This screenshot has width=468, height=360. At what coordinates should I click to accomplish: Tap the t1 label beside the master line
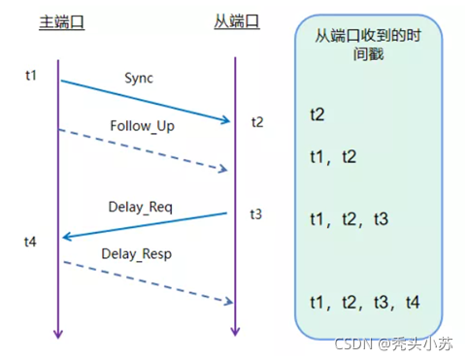click(x=32, y=75)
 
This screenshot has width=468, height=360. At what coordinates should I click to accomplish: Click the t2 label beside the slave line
click(x=256, y=122)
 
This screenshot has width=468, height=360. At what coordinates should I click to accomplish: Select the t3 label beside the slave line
click(x=255, y=213)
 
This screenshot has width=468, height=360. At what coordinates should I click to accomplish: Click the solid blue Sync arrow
click(x=146, y=101)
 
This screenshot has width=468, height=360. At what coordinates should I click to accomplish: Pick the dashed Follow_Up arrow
click(x=146, y=150)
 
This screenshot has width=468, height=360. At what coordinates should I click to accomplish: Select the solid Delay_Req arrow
click(x=146, y=225)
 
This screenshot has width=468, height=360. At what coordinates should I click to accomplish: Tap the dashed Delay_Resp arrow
click(x=146, y=281)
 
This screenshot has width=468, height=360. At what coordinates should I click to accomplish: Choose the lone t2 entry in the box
click(x=318, y=115)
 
